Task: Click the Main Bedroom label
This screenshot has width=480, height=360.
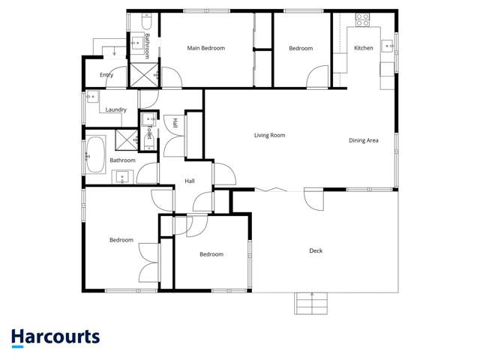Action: click(x=205, y=48)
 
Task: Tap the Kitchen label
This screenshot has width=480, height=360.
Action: click(x=364, y=48)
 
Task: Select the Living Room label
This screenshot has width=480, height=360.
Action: click(x=269, y=136)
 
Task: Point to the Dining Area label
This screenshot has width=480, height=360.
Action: click(x=364, y=140)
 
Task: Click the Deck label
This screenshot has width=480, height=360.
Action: click(x=316, y=250)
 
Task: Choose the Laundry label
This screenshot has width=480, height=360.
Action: click(x=115, y=109)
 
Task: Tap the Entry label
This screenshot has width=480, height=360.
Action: click(x=106, y=75)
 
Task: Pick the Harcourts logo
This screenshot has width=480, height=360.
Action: click(x=55, y=337)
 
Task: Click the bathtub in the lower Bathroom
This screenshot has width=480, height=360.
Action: click(x=96, y=155)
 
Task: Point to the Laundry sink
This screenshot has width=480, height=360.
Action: click(x=91, y=97)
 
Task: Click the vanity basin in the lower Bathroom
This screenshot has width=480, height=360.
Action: click(x=122, y=177)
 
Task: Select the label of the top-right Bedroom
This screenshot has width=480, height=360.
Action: click(x=301, y=48)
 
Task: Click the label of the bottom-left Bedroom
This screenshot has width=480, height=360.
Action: click(x=121, y=240)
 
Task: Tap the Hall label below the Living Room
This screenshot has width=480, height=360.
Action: click(x=190, y=181)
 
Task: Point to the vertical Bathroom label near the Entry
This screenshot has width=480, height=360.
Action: click(x=148, y=46)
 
